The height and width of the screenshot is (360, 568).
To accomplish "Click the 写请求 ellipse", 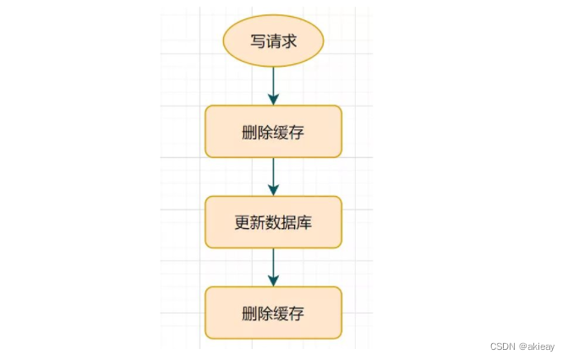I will [x=273, y=41].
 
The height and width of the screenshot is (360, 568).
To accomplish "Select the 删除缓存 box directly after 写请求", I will [x=273, y=132].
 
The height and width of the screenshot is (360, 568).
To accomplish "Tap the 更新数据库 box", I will [x=273, y=222].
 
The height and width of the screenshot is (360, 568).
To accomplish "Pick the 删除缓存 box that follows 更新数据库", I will [x=273, y=313].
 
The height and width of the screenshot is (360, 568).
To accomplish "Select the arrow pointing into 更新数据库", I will [x=273, y=176].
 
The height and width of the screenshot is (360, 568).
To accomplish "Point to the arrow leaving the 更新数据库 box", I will [x=273, y=266].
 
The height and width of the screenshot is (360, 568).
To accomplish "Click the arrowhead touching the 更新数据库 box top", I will [x=273, y=190].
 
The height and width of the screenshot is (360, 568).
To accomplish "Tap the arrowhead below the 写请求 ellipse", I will [x=273, y=100].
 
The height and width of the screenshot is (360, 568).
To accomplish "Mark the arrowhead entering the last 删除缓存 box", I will [x=273, y=281].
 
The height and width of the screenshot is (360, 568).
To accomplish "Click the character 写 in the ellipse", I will [x=257, y=41].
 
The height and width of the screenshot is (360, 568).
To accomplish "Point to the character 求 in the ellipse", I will [x=289, y=41].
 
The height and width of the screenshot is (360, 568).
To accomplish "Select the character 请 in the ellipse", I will [x=273, y=41].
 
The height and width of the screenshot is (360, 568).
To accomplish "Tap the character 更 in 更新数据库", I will [x=242, y=223].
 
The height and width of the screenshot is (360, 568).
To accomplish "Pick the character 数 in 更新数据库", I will [x=274, y=223].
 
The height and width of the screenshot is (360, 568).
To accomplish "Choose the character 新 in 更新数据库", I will [x=258, y=223].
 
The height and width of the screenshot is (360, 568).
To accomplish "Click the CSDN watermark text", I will [x=503, y=346].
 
